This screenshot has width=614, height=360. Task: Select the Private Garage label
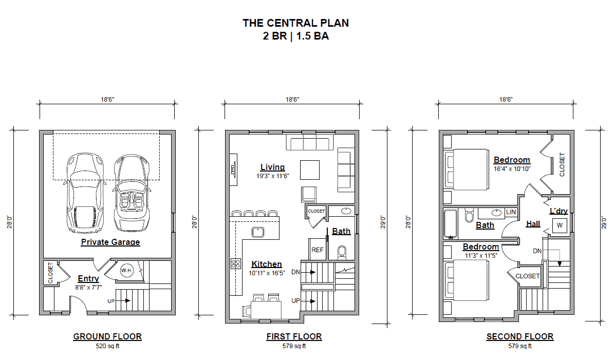[110, 242]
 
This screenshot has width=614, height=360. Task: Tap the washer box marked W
[559, 225]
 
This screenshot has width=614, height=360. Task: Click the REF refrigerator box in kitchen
[318, 250]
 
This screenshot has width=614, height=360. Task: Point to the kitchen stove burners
[236, 263]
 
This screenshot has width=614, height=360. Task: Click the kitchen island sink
[257, 232]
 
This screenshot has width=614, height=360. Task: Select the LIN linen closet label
[511, 212]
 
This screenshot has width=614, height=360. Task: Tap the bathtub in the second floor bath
[451, 224]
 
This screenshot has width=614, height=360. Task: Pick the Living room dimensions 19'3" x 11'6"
[272, 176]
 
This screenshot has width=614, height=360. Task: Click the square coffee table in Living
[310, 169]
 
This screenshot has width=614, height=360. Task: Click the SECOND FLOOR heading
[519, 337]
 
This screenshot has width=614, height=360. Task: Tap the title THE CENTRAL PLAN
[295, 23]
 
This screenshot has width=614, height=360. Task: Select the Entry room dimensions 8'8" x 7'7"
[88, 288]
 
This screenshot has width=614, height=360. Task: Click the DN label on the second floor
[537, 251]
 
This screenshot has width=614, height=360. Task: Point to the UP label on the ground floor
[111, 300]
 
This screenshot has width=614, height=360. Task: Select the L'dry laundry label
[559, 211]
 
